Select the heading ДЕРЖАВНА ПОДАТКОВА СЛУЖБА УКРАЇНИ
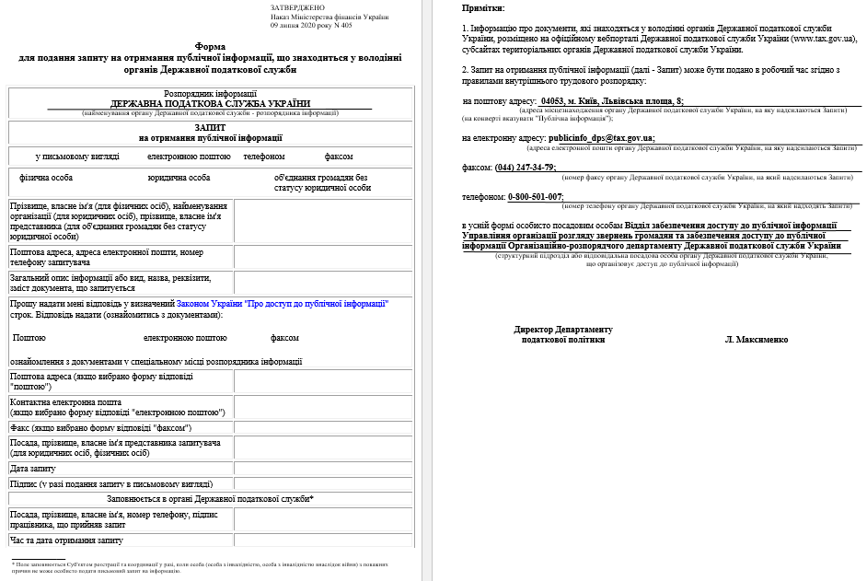[x=211, y=103]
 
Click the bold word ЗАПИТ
[x=211, y=128]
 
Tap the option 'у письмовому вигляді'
[x=77, y=157]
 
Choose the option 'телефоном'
[x=264, y=157]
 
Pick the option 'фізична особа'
[x=46, y=178]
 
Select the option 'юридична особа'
[x=179, y=178]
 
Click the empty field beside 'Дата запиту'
[x=323, y=469]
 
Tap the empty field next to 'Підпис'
[x=323, y=482]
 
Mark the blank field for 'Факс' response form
[x=323, y=428]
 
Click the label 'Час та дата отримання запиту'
[x=65, y=540]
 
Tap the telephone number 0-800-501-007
[x=536, y=197]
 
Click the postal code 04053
[x=552, y=101]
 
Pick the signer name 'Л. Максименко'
[x=757, y=340]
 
